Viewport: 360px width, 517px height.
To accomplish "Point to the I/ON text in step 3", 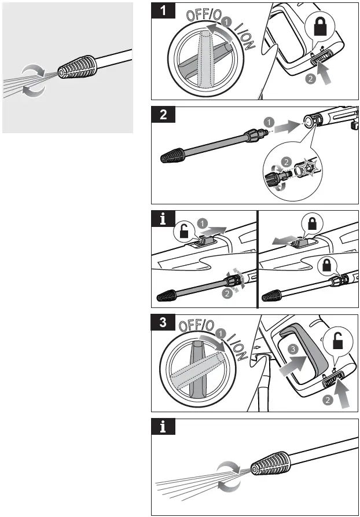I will click(237, 347).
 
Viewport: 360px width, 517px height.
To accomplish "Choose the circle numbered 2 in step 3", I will click(328, 399).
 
